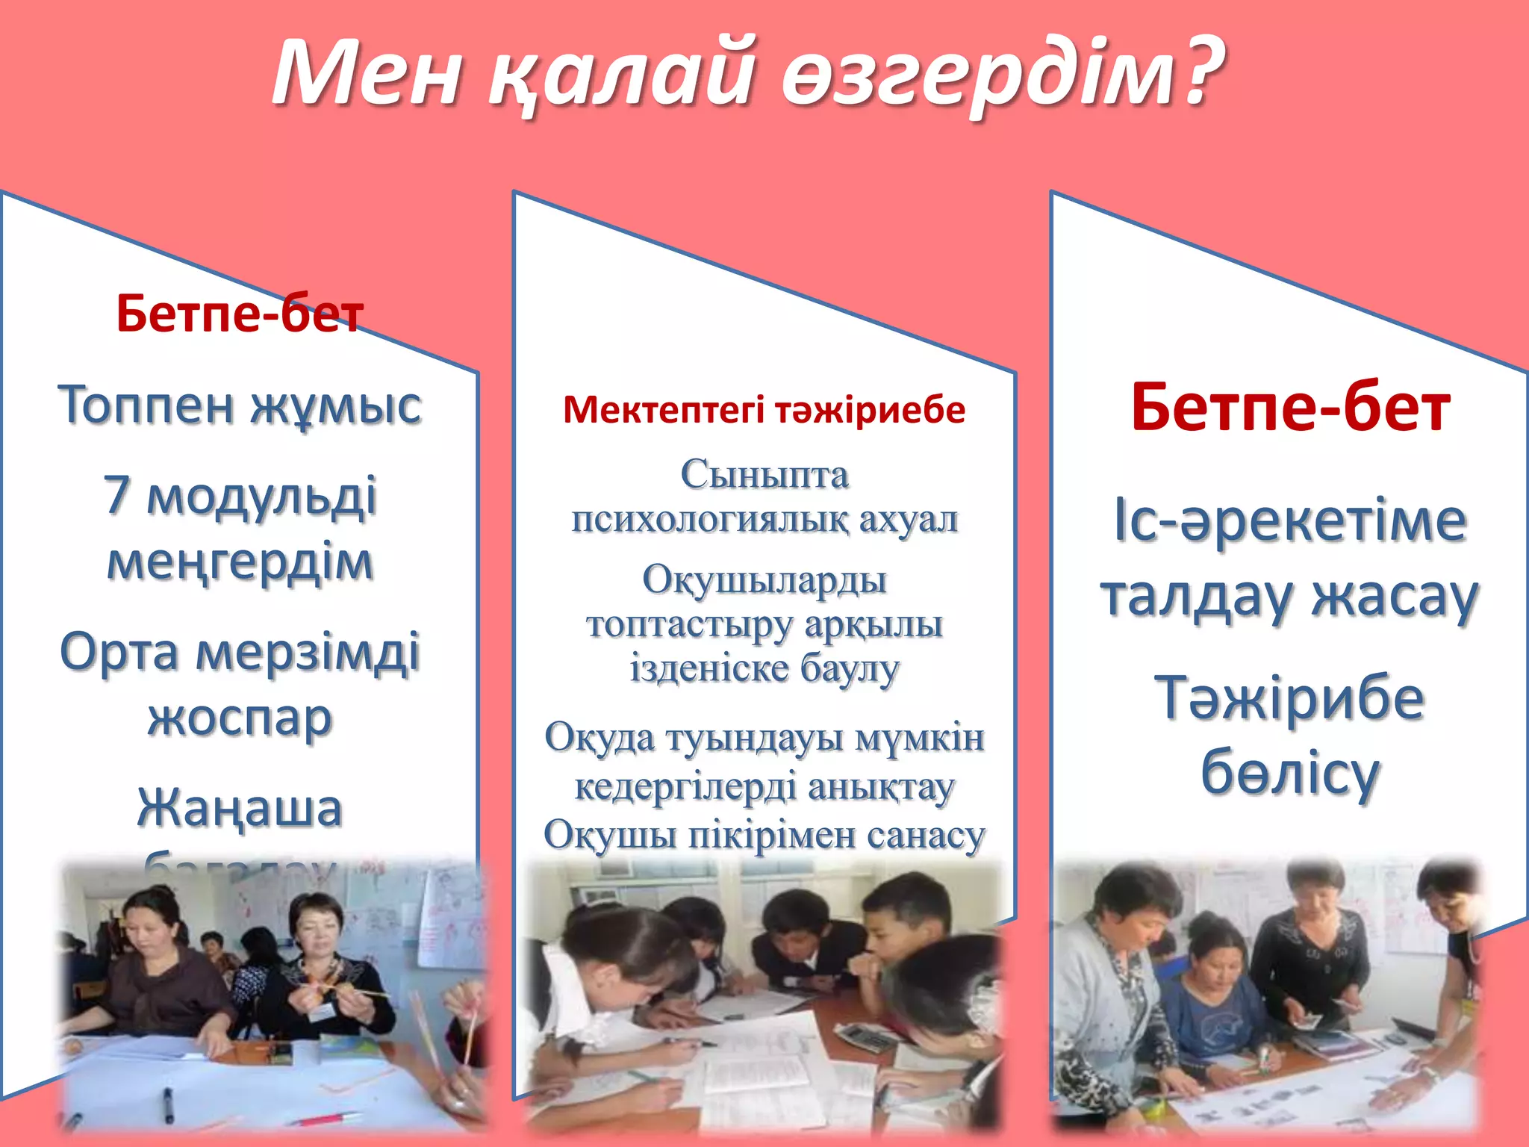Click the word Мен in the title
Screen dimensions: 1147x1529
367,73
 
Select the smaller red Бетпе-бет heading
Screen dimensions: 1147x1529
240,314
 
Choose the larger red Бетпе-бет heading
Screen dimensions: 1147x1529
1290,408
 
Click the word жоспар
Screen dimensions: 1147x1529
240,718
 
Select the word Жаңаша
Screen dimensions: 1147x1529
240,809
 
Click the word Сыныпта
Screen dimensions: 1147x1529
764,474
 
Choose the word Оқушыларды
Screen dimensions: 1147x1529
764,580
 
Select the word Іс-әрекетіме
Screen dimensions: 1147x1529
1290,520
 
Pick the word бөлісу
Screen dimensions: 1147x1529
1290,773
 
